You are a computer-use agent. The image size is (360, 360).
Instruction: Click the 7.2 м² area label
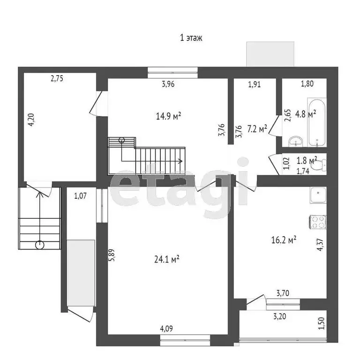click(x=257, y=128)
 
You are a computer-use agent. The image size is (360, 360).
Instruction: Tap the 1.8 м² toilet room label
click(x=307, y=160)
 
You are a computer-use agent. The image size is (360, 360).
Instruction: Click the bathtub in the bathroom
click(x=317, y=121)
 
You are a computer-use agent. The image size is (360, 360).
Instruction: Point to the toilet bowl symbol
click(x=320, y=165)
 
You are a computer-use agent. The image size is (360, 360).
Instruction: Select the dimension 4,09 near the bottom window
click(x=167, y=329)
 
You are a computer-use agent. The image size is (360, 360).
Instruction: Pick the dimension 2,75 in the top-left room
click(x=57, y=79)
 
